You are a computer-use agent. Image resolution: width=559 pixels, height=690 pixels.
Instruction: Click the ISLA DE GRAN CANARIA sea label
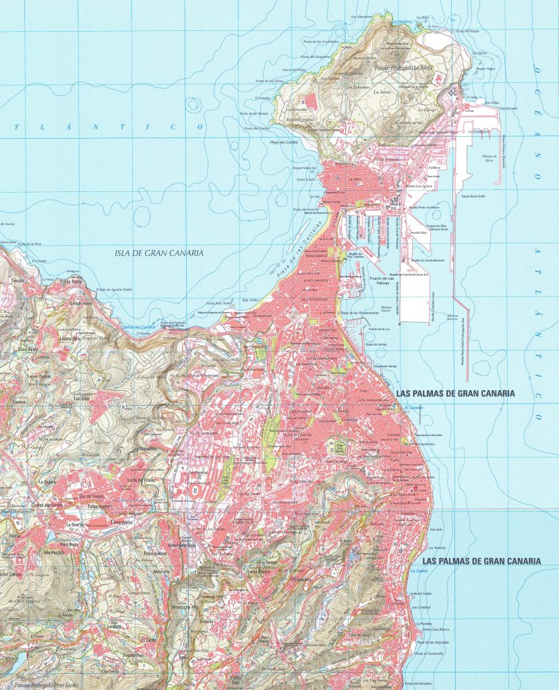point(159,253)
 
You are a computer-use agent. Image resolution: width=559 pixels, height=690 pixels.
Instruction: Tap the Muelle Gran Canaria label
point(417,187)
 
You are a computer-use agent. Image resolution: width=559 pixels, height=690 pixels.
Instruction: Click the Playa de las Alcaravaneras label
point(359,314)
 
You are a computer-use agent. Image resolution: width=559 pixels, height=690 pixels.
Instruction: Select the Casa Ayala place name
point(28,349)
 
